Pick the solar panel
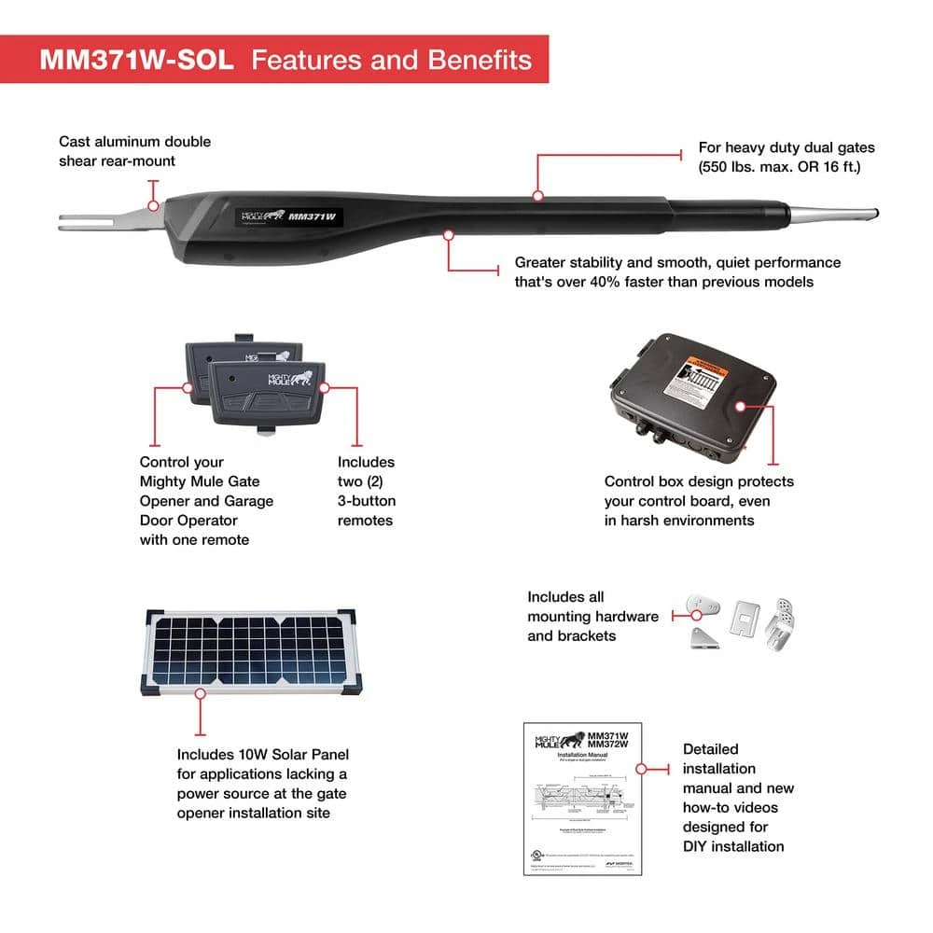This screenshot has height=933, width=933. click(249, 651)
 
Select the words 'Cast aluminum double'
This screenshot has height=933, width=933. click(135, 142)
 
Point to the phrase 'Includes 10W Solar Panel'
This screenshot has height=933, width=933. click(263, 754)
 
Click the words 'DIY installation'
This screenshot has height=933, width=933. click(733, 846)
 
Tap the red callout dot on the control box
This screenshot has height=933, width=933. click(741, 407)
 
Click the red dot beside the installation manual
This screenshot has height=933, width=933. click(641, 768)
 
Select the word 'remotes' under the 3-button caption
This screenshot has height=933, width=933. click(366, 521)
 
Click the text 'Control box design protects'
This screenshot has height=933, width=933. click(699, 481)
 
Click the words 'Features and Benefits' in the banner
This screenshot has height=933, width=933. click(392, 60)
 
